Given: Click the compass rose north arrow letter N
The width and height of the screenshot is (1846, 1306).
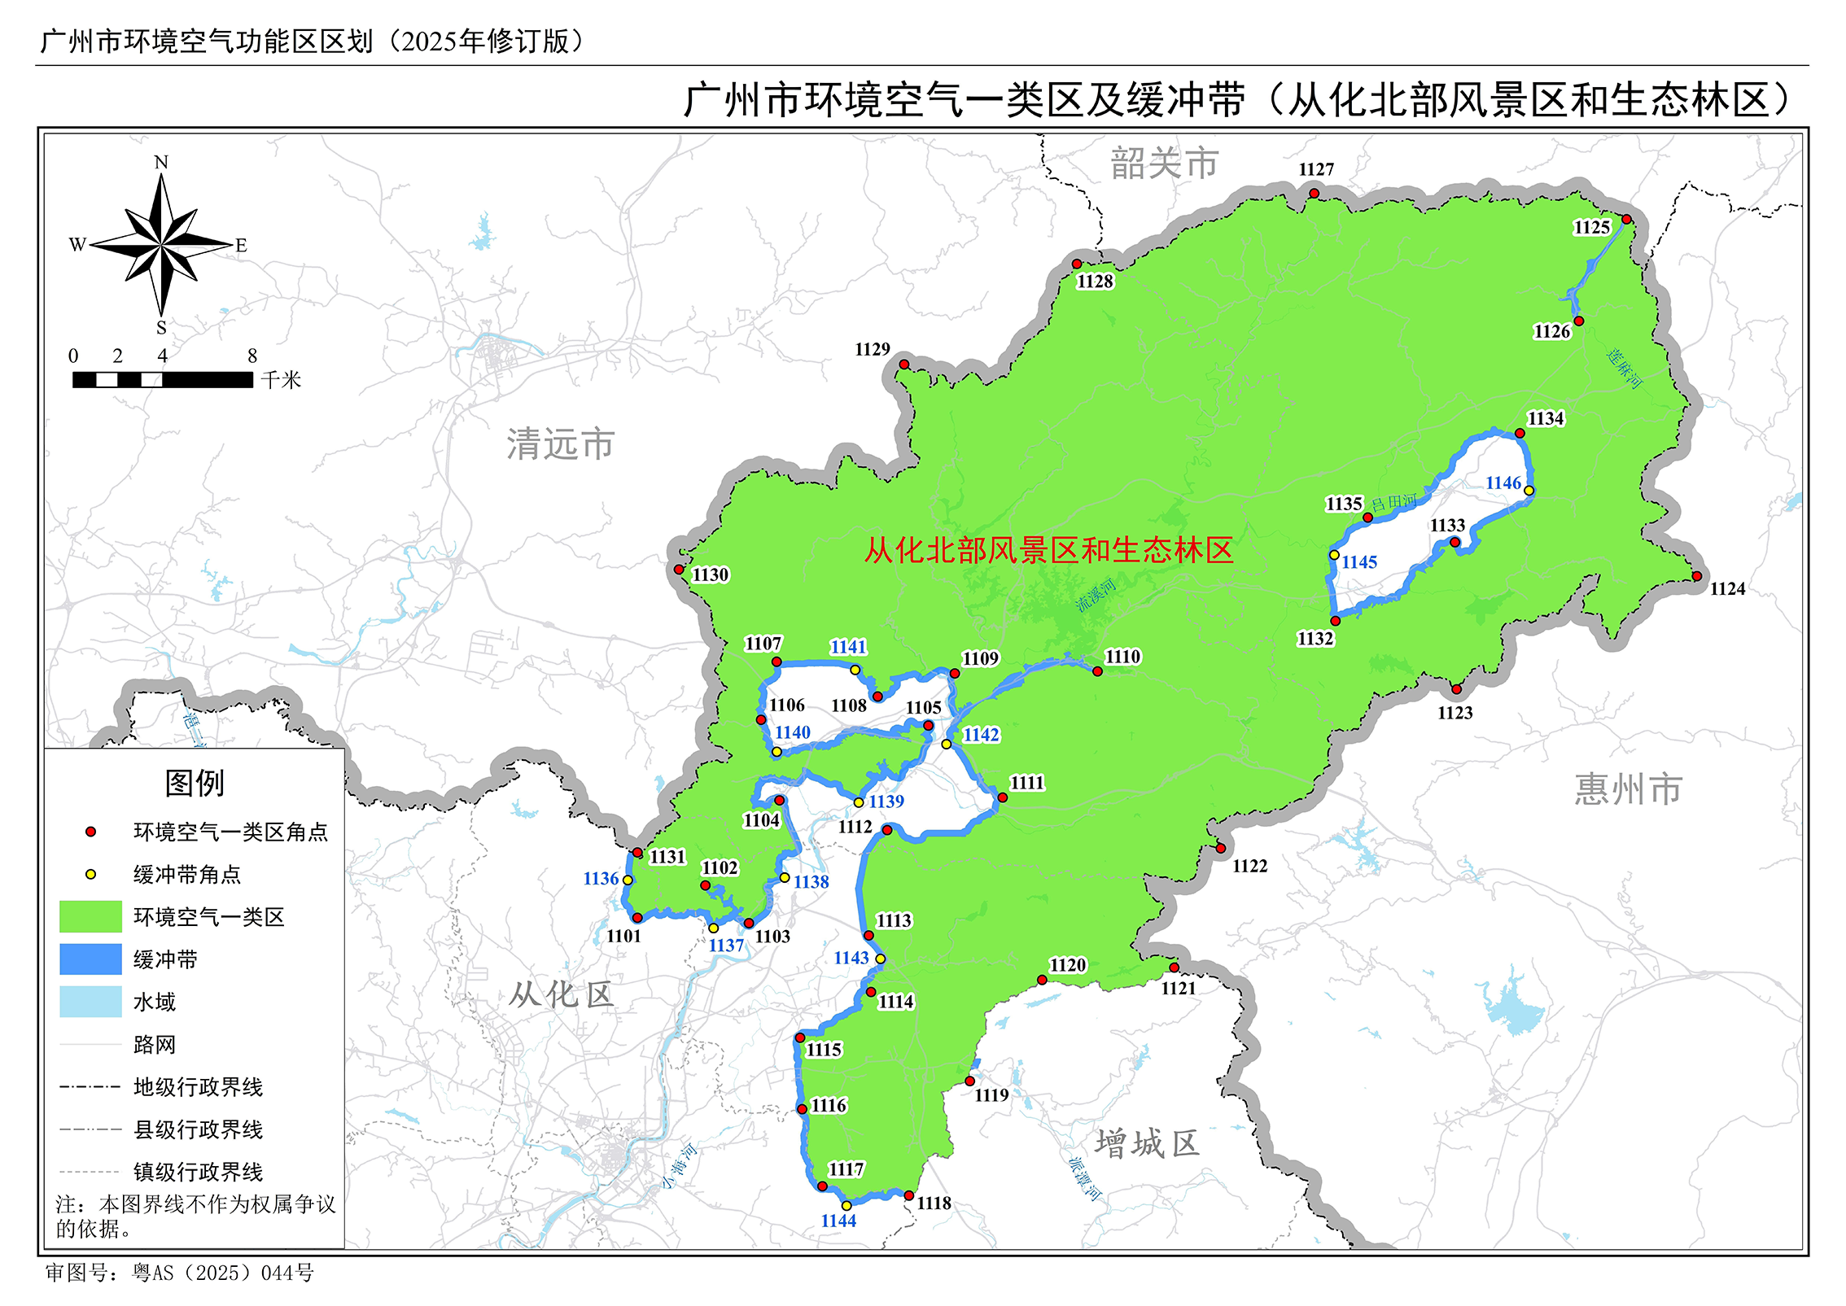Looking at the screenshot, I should [161, 163].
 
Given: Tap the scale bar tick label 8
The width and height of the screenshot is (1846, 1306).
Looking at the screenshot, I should [252, 356].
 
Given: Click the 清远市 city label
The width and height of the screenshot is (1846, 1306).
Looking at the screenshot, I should [560, 444].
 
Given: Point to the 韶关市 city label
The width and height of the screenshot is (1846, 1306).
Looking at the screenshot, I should [1165, 164].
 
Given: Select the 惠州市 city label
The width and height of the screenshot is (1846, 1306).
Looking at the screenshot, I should [1628, 789].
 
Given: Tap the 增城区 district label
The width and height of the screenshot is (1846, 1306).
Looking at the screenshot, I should [1147, 1144].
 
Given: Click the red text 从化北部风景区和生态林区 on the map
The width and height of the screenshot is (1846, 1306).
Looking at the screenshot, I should [1048, 551].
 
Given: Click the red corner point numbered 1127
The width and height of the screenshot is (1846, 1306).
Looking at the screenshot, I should [1314, 194].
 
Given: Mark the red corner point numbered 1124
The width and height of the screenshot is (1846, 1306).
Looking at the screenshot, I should [1697, 576].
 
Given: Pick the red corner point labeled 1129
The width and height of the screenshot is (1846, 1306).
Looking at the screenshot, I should [903, 365].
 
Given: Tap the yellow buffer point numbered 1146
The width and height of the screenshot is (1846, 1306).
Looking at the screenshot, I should [1529, 491].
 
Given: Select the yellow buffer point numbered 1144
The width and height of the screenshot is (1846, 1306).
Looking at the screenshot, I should [846, 1206].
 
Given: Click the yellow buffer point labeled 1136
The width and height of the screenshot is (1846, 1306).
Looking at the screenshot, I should [628, 880].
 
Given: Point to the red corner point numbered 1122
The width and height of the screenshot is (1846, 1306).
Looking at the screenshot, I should [1221, 849].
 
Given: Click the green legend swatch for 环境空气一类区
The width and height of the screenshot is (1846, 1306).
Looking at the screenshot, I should [90, 917].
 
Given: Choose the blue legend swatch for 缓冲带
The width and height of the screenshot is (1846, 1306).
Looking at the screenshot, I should [90, 959].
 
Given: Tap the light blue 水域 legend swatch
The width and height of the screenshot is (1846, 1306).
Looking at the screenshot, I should [90, 1002].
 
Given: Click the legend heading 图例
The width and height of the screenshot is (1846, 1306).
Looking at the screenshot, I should [195, 784].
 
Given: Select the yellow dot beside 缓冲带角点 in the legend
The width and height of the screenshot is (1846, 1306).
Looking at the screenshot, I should [91, 875].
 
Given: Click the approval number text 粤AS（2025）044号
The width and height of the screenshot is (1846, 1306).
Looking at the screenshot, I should [223, 1273].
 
